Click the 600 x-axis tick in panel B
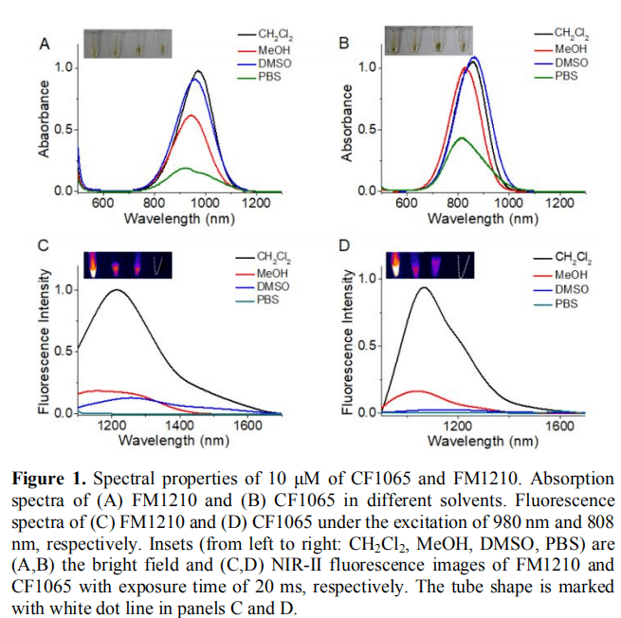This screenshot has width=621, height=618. pyautogui.click(x=407, y=203)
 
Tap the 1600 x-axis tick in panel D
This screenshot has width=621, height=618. pyautogui.click(x=559, y=426)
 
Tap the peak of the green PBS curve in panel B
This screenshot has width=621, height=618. pyautogui.click(x=462, y=138)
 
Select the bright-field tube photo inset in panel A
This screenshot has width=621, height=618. pyautogui.click(x=126, y=43)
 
